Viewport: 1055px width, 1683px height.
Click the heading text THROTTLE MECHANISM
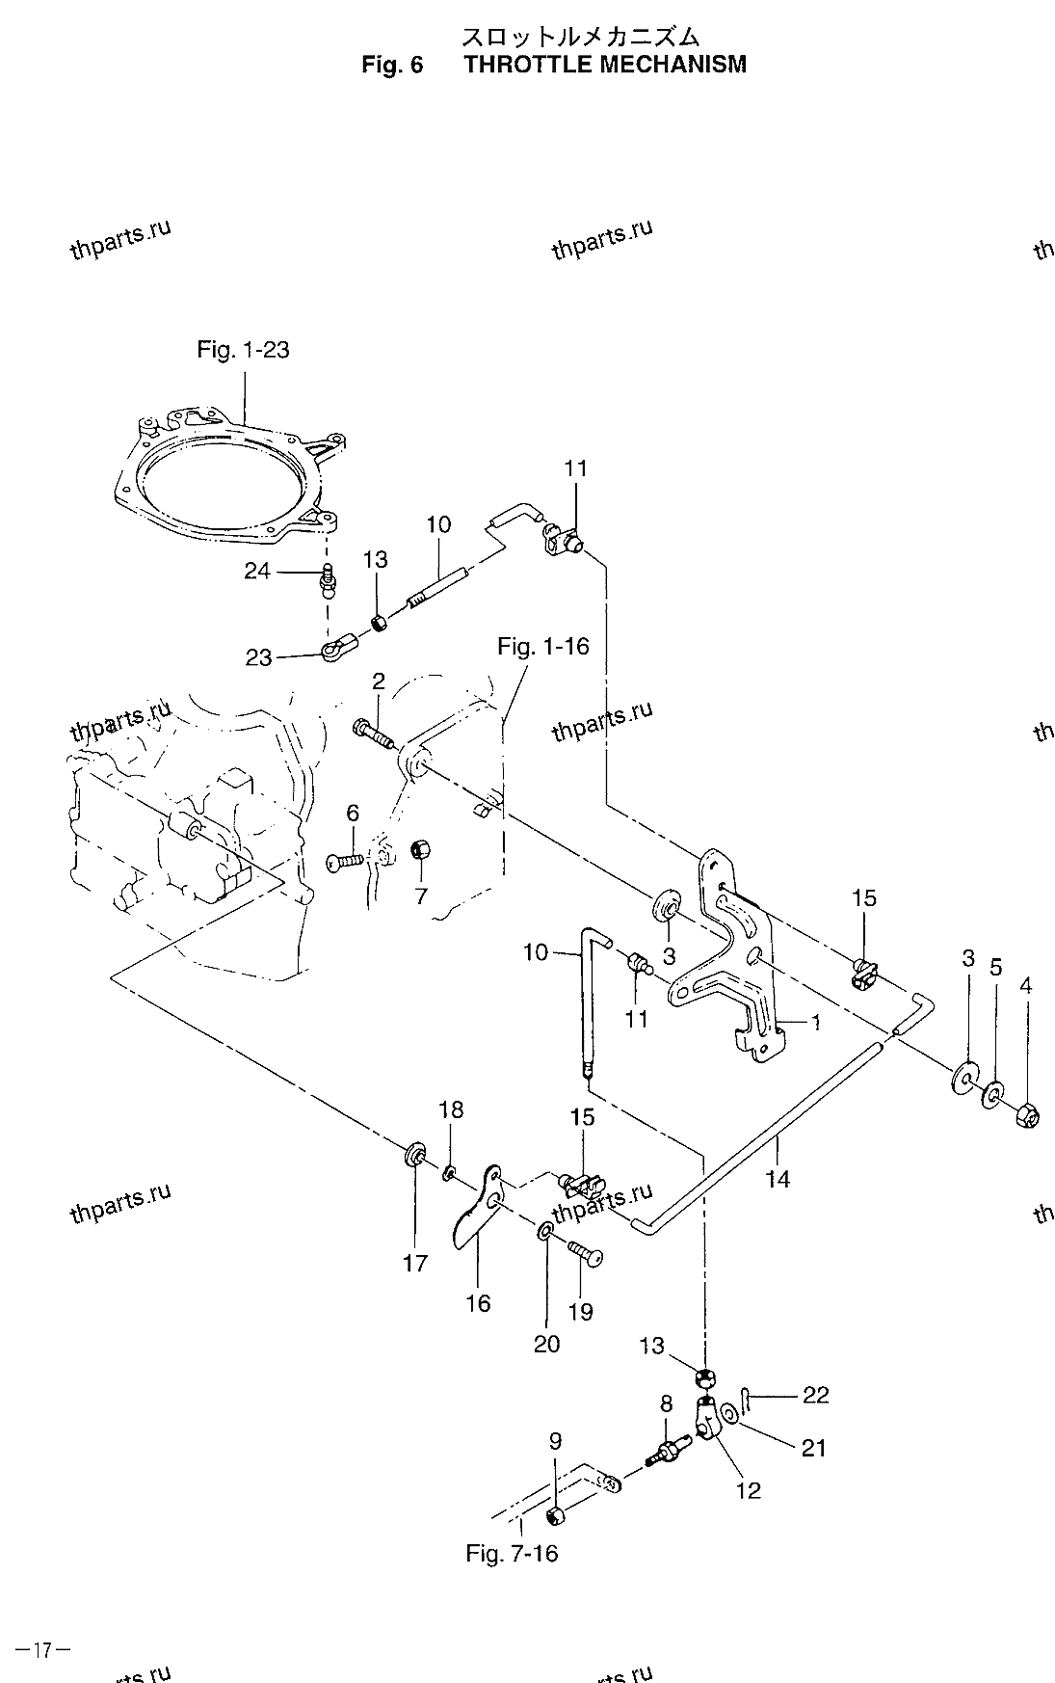[x=605, y=65]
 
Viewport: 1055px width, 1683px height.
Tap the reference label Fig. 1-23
[x=243, y=349]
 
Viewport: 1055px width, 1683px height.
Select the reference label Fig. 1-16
[x=542, y=646]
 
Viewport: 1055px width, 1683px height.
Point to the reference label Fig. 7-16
[x=512, y=1553]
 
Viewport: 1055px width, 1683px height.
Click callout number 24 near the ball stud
[x=256, y=572]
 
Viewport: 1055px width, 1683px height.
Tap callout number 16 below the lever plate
[x=478, y=1303]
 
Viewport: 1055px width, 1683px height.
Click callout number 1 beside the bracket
[x=815, y=1024]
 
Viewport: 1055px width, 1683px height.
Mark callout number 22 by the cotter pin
[x=815, y=1395]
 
